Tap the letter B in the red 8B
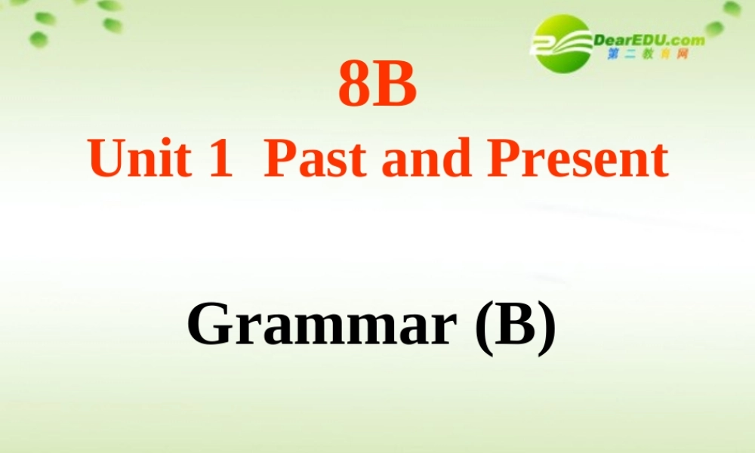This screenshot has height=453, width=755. (398, 85)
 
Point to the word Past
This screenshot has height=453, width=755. (316, 159)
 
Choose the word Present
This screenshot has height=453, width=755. (578, 159)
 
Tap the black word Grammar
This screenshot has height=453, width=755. (321, 325)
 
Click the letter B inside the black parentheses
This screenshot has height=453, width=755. (515, 323)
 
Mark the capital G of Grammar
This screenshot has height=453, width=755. (209, 323)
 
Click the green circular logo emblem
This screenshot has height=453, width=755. (562, 44)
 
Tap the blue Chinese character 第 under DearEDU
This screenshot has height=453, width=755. (612, 55)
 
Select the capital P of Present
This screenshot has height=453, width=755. (502, 159)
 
